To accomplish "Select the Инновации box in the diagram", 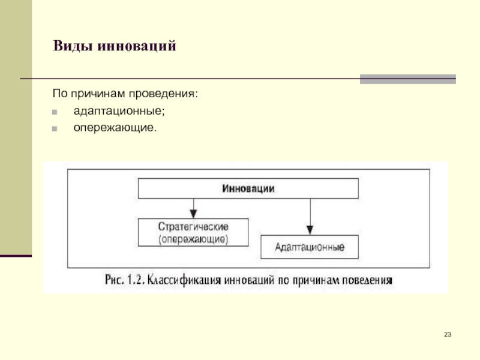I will (x=248, y=188).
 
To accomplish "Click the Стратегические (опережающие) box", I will (x=193, y=232).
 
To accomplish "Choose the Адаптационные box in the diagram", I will (x=309, y=247).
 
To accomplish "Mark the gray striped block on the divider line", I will (x=407, y=79).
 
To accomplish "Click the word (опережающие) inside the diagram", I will (x=193, y=238).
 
